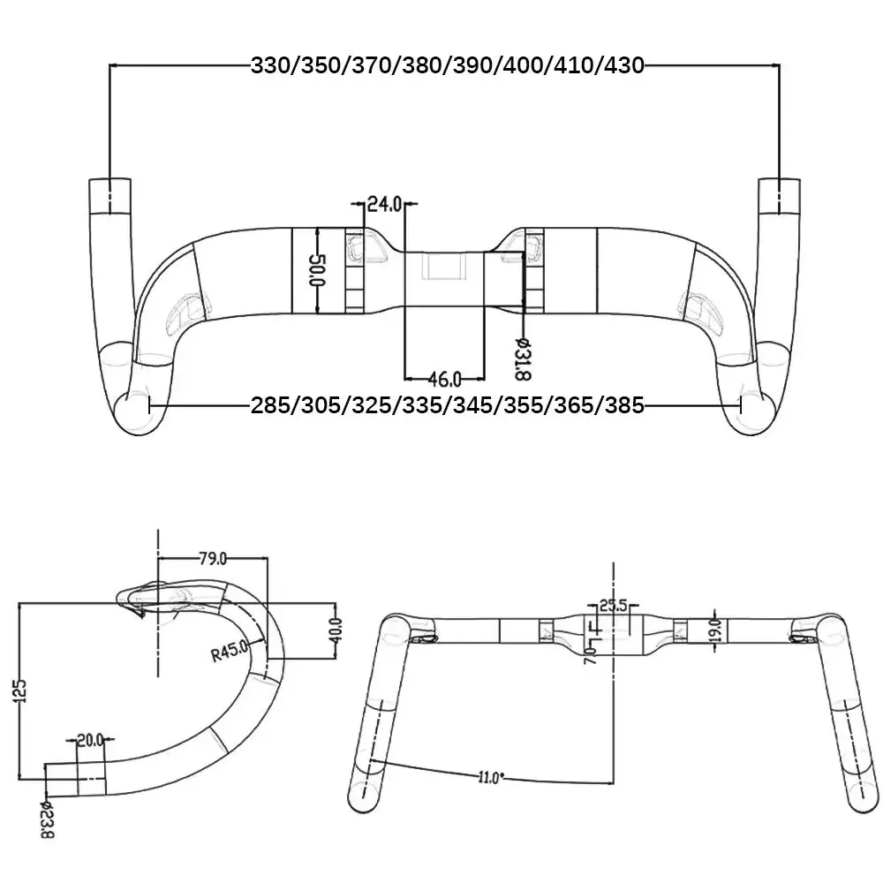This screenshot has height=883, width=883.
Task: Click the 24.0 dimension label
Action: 383,205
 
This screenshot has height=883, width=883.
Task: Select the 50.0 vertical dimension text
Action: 319,270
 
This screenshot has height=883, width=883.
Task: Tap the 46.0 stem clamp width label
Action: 444,380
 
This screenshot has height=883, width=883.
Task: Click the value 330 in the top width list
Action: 274,65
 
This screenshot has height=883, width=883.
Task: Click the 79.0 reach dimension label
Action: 212,557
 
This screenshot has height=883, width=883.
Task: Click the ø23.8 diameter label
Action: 48,819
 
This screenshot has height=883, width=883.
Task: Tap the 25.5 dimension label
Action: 613,606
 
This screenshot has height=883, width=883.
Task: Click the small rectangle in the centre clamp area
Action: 443,268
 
